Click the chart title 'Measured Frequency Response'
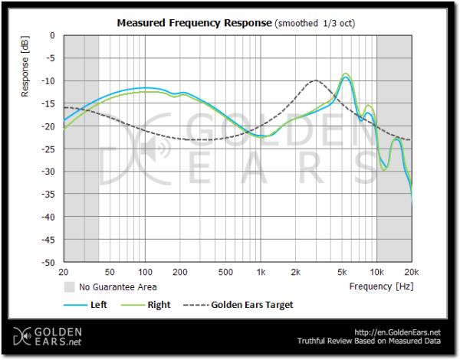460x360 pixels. (x=194, y=23)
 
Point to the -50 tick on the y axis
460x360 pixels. (x=51, y=263)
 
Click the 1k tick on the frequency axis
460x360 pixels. (x=261, y=272)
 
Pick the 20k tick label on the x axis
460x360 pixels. (x=411, y=272)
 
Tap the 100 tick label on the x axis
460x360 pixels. (x=144, y=272)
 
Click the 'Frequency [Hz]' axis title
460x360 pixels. (x=381, y=286)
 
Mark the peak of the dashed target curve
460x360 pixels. (x=315, y=80)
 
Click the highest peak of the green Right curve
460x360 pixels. (x=347, y=74)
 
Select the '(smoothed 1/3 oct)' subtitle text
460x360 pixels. (x=314, y=24)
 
